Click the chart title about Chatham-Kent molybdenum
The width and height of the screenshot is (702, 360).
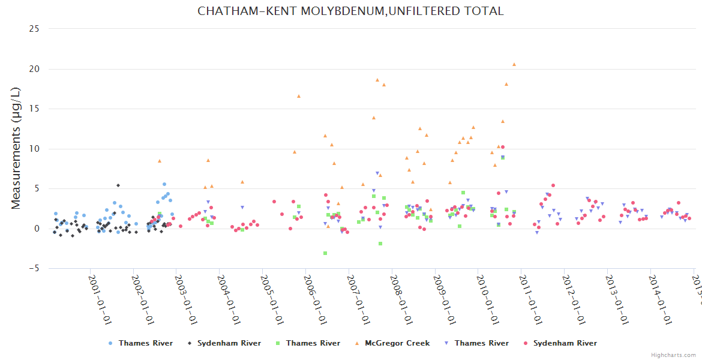click(x=350, y=11)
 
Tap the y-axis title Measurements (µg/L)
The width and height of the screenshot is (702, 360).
click(x=16, y=148)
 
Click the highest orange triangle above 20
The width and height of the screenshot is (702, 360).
click(x=514, y=64)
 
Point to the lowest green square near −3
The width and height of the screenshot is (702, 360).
click(x=325, y=253)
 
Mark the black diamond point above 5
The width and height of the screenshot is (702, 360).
click(x=118, y=185)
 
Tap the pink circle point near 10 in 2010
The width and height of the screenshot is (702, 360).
click(x=503, y=147)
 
